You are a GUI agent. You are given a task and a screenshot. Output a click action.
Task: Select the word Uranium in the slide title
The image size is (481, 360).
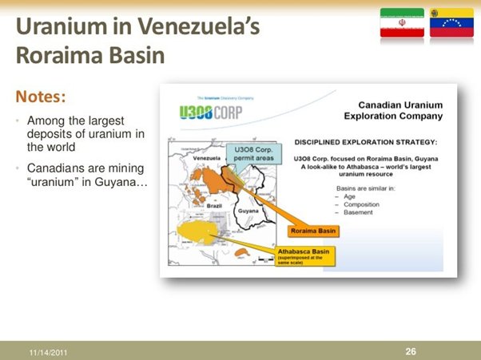(x=54, y=26)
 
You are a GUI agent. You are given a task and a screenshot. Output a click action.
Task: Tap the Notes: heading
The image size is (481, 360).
(x=40, y=97)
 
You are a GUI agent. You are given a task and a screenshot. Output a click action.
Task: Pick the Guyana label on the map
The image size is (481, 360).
(x=249, y=209)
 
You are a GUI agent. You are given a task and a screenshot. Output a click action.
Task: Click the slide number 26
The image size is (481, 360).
(x=411, y=350)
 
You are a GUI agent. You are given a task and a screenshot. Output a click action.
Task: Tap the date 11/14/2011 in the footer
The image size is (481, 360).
(x=46, y=350)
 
